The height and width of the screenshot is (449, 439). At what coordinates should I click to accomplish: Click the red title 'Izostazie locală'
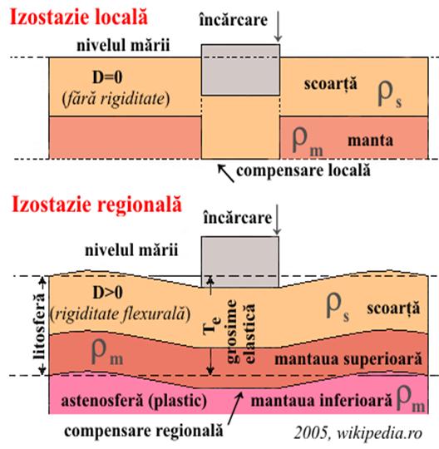79,17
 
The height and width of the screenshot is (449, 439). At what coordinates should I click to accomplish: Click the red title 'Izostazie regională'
96,205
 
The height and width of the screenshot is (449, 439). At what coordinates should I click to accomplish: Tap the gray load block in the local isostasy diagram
240,70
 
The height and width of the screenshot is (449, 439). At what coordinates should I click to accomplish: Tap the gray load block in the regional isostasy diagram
240,262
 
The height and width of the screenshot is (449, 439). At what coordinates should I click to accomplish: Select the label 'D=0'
107,77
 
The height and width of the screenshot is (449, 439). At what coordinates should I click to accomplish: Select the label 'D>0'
108,293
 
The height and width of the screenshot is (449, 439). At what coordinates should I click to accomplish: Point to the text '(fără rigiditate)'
116,100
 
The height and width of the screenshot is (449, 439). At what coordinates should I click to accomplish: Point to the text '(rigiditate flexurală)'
120,314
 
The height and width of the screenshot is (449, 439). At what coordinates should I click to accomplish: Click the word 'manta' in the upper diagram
370,141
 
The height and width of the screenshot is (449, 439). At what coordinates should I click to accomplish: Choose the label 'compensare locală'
303,170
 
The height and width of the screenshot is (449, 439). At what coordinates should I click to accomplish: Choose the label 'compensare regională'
144,431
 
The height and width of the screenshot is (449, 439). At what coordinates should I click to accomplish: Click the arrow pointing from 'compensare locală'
226,173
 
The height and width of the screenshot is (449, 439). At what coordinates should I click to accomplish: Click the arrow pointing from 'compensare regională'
235,408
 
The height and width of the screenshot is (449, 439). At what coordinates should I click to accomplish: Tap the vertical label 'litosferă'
39,326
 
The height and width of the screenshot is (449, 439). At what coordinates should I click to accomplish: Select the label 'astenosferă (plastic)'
134,400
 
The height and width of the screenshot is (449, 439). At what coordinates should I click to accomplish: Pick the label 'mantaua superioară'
348,359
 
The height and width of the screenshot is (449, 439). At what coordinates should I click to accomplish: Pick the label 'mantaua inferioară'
321,400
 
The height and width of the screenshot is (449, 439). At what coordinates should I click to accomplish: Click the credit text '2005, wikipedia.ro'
358,432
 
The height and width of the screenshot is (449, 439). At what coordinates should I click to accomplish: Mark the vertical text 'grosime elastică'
240,332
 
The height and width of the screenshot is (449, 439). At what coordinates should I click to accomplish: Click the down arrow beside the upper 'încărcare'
278,27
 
